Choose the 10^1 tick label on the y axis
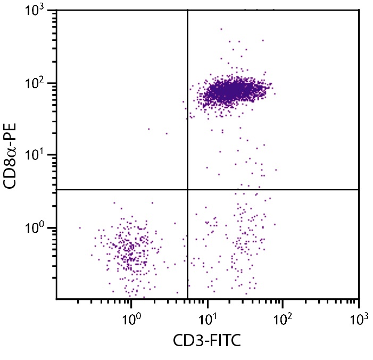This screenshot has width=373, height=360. click(x=39, y=156)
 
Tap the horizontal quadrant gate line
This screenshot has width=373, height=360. click(x=277, y=189)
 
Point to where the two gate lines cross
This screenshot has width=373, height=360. click(x=188, y=189)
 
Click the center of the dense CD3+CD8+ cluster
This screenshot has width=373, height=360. click(x=229, y=90)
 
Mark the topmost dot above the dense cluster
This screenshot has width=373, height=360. click(x=221, y=29)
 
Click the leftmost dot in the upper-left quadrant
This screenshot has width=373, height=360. click(x=148, y=129)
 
